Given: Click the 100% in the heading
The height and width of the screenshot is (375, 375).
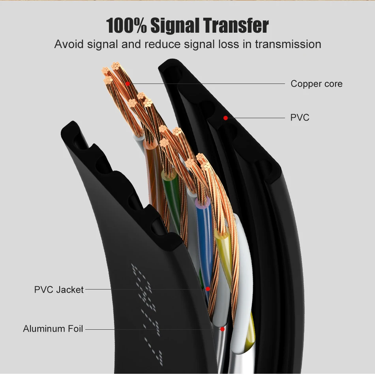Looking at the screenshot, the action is (x=126, y=26).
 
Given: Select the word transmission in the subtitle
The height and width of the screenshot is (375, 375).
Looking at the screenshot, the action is (x=288, y=44).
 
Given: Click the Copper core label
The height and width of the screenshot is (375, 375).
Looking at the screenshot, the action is (x=317, y=84).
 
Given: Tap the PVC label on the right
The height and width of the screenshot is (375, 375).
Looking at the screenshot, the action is (x=300, y=118).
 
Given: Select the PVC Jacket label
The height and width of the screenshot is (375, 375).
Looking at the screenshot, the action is (x=59, y=290).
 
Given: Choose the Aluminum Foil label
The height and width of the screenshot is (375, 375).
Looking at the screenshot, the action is (x=53, y=329).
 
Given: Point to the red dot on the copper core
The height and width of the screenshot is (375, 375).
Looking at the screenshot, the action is (x=127, y=84).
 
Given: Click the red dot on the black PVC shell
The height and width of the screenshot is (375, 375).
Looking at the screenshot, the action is (x=225, y=118).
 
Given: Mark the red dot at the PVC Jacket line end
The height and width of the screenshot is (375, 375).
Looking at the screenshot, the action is (x=208, y=289).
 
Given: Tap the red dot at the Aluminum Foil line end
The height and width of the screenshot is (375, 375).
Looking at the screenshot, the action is (x=222, y=329).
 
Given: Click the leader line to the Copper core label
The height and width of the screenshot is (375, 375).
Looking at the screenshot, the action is (x=205, y=84).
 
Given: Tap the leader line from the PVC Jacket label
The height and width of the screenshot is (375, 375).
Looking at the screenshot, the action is (x=142, y=290).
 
